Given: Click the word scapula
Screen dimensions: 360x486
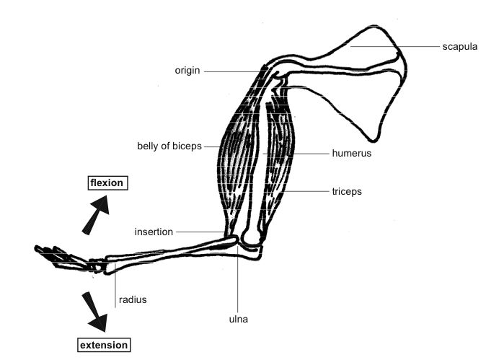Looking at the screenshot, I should coord(459,47).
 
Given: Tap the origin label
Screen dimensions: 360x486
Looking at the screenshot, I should coord(187,71).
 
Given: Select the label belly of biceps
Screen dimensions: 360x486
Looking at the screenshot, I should coord(169,146).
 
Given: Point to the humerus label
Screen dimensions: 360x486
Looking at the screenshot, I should coord(352,153).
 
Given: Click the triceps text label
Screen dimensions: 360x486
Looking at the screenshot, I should coord(346,192).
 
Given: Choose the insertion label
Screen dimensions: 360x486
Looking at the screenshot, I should coord(154,232).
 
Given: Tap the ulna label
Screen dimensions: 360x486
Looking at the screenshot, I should coord(239,317).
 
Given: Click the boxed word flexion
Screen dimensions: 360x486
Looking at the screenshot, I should coord(107,183).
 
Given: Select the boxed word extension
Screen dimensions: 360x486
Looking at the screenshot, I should coord(104,345).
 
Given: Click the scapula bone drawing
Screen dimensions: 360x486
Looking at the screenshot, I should coord(368,79).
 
